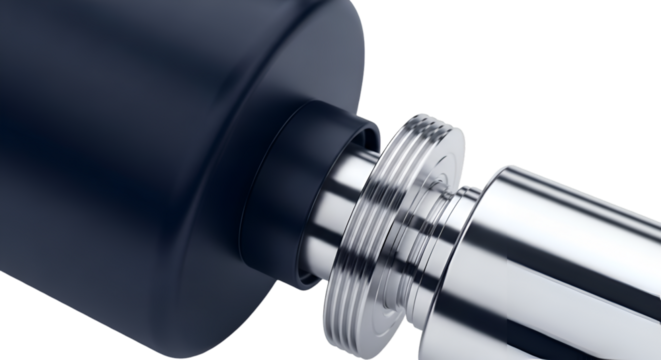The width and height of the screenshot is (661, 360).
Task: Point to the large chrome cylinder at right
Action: (570, 260)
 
